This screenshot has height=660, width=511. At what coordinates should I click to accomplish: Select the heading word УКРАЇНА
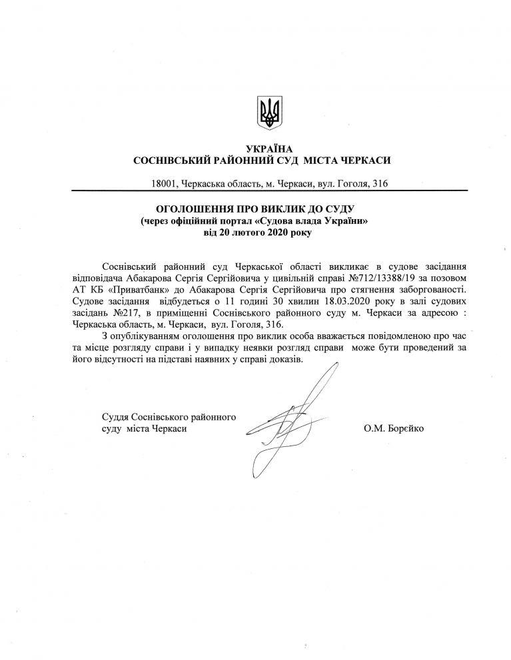tap(269, 149)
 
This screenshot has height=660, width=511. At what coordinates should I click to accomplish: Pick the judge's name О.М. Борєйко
tap(394, 429)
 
